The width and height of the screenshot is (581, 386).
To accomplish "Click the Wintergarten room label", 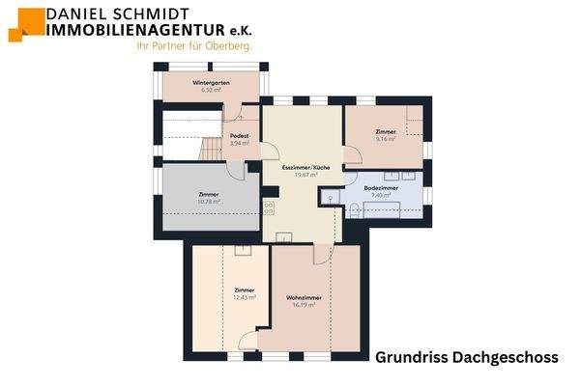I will tap(210, 83).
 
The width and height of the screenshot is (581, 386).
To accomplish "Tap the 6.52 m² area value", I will tap(210, 91).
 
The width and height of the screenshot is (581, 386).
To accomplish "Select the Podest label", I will tap(240, 136).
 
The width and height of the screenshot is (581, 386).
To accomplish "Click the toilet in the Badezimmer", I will tap(354, 211).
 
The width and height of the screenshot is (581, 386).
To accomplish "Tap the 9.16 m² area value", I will tap(386, 138).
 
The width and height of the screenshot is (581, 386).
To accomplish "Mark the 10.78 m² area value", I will tap(209, 202).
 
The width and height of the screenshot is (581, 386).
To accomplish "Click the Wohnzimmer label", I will tap(304, 297).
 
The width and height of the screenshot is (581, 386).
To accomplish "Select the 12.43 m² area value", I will tap(245, 297).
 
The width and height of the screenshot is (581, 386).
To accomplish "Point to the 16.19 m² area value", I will tap(304, 305).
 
